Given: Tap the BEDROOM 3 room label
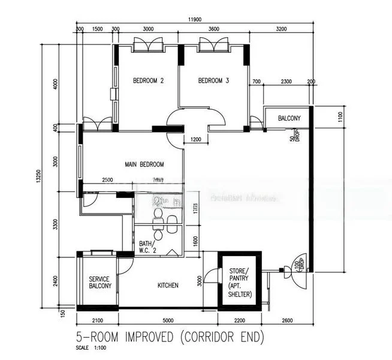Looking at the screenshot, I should (x=213, y=81).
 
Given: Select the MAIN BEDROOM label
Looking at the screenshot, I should (x=144, y=164).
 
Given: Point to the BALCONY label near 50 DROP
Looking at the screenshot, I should (x=290, y=119).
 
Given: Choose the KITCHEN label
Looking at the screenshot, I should (x=168, y=286).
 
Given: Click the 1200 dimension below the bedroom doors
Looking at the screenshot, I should (x=195, y=140).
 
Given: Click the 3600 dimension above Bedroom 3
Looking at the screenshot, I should (x=214, y=29).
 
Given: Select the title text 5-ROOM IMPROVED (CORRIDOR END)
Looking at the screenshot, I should (x=169, y=337).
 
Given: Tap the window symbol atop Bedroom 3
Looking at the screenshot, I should (x=214, y=45).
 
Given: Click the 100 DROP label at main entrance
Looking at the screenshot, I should (x=297, y=264).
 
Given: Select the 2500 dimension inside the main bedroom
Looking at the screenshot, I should (x=107, y=180).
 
